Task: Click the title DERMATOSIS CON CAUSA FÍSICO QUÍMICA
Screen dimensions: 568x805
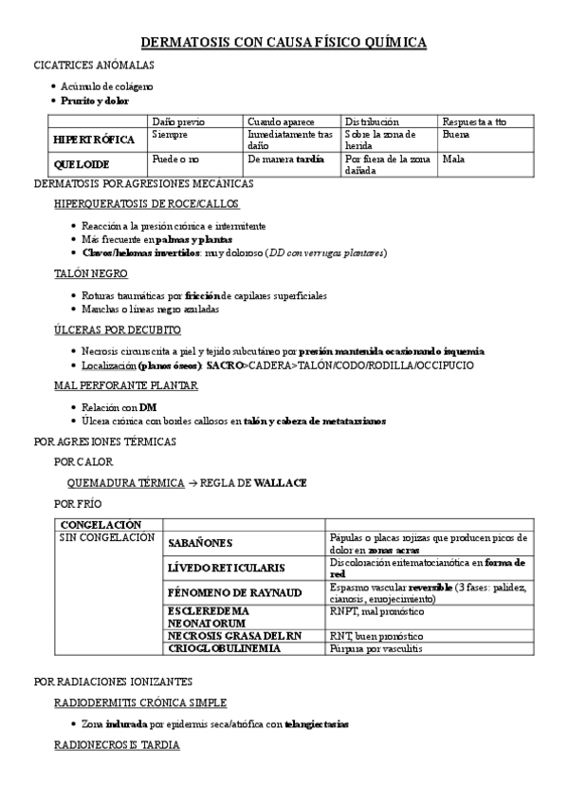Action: (x=284, y=43)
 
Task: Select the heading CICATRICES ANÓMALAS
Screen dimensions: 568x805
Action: (x=93, y=66)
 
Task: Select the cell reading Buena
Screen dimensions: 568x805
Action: (x=455, y=135)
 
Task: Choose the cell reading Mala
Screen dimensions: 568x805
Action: (x=453, y=159)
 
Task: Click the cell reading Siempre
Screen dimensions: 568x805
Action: (x=170, y=135)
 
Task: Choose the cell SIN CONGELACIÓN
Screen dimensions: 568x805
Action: (x=106, y=537)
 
